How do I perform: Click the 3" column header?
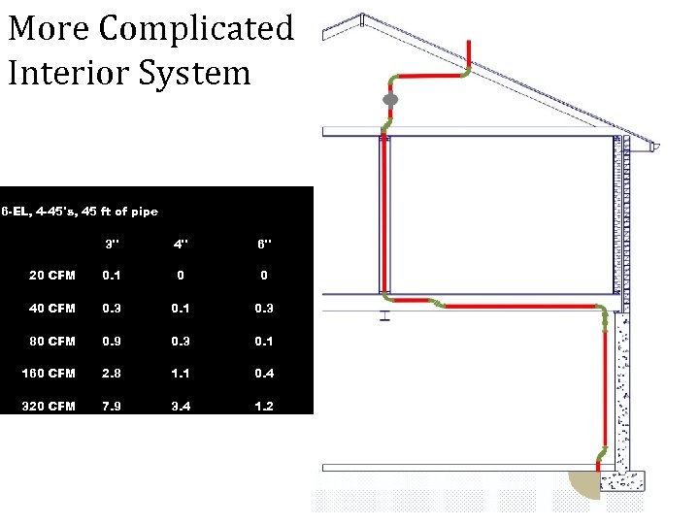113,243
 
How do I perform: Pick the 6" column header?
264,243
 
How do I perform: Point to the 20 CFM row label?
52,276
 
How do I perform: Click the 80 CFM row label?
52,341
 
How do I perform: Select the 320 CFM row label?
49,406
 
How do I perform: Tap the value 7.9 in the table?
113,406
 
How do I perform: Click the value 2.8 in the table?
113,374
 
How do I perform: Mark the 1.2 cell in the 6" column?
264,406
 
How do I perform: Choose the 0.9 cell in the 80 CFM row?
113,341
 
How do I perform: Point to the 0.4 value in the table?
264,374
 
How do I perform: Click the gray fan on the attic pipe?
390,99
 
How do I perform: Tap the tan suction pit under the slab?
584,484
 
